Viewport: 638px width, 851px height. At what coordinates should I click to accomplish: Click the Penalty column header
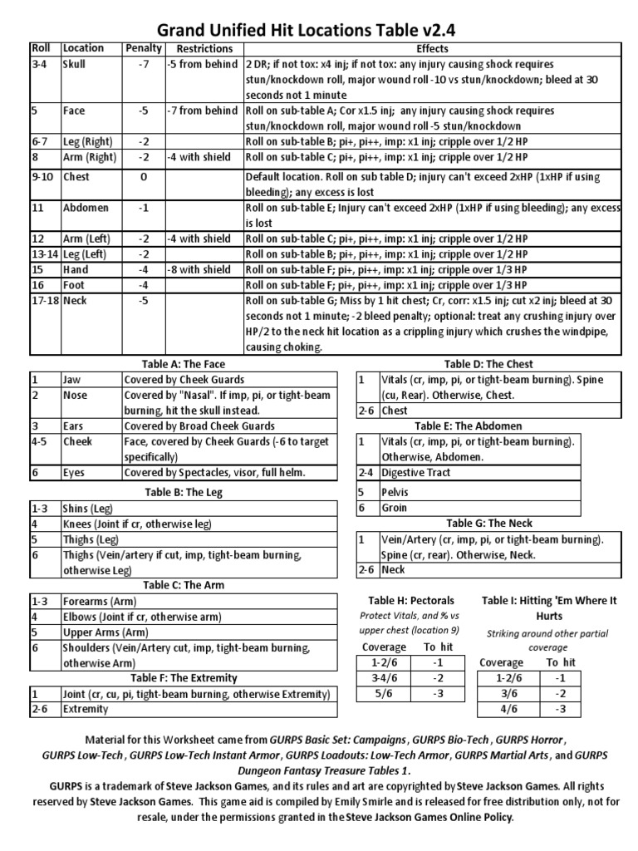pyautogui.click(x=142, y=48)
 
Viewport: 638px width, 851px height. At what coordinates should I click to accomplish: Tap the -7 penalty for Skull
pyautogui.click(x=142, y=64)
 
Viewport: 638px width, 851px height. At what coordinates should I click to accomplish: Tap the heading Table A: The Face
pyautogui.click(x=183, y=364)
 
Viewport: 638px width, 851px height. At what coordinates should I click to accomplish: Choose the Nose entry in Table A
pyautogui.click(x=76, y=396)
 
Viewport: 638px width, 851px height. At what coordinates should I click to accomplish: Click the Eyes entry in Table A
pyautogui.click(x=76, y=472)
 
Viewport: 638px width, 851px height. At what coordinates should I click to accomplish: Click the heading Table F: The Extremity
pyautogui.click(x=183, y=678)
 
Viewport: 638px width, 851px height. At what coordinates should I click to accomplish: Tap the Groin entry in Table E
pyautogui.click(x=395, y=507)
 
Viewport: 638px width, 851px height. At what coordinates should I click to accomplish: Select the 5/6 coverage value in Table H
pyautogui.click(x=377, y=693)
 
